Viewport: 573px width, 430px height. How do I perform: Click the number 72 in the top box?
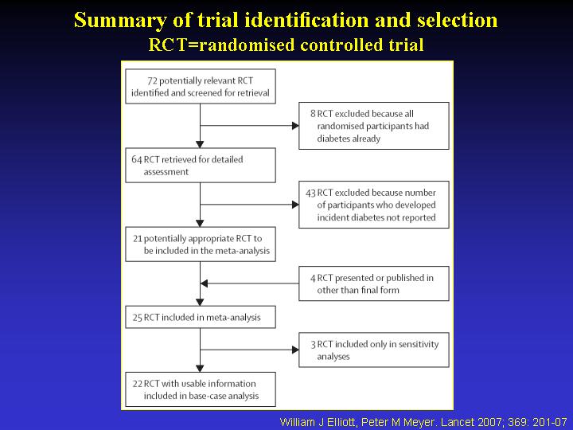[152, 80]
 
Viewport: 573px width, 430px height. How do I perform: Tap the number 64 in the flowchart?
[137, 160]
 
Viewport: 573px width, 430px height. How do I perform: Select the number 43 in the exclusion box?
[310, 193]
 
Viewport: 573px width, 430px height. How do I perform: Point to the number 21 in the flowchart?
[138, 239]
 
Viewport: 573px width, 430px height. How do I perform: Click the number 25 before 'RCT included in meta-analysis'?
[138, 318]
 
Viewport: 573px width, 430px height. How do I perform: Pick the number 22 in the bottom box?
[138, 384]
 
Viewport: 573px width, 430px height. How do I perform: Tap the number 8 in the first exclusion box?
[313, 114]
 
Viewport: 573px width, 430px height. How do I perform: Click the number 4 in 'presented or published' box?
[313, 278]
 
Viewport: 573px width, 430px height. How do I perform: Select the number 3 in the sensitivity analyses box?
[314, 345]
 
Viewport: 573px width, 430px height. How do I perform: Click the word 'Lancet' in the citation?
[458, 422]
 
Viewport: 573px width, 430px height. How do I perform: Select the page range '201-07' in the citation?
[550, 422]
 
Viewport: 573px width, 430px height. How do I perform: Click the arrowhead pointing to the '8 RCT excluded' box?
[295, 126]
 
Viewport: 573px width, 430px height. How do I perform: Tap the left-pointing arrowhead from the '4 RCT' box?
[204, 283]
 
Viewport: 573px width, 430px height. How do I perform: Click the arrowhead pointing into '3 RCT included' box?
[295, 350]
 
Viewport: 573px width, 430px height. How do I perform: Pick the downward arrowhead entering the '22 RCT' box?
[200, 369]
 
